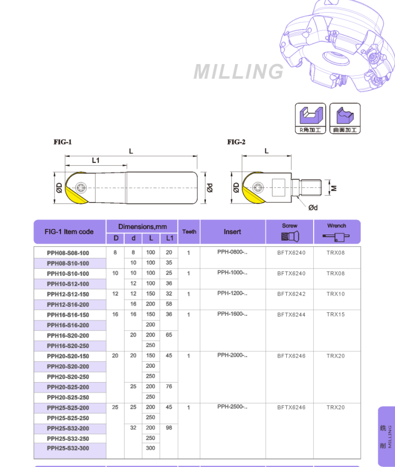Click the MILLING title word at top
pos(238,72)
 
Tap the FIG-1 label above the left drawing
pos(63,142)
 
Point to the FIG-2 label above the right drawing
pos(236,142)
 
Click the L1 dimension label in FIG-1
pos(96,160)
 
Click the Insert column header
pos(232,231)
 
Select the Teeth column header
pos(189,231)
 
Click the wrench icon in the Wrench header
pos(336,237)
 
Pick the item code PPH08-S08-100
pos(68,253)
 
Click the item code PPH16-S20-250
pos(68,346)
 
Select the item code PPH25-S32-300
pos(68,449)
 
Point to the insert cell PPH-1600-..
pos(232,314)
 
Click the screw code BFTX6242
pos(291,294)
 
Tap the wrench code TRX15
pos(336,314)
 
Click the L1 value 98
pos(169,428)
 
